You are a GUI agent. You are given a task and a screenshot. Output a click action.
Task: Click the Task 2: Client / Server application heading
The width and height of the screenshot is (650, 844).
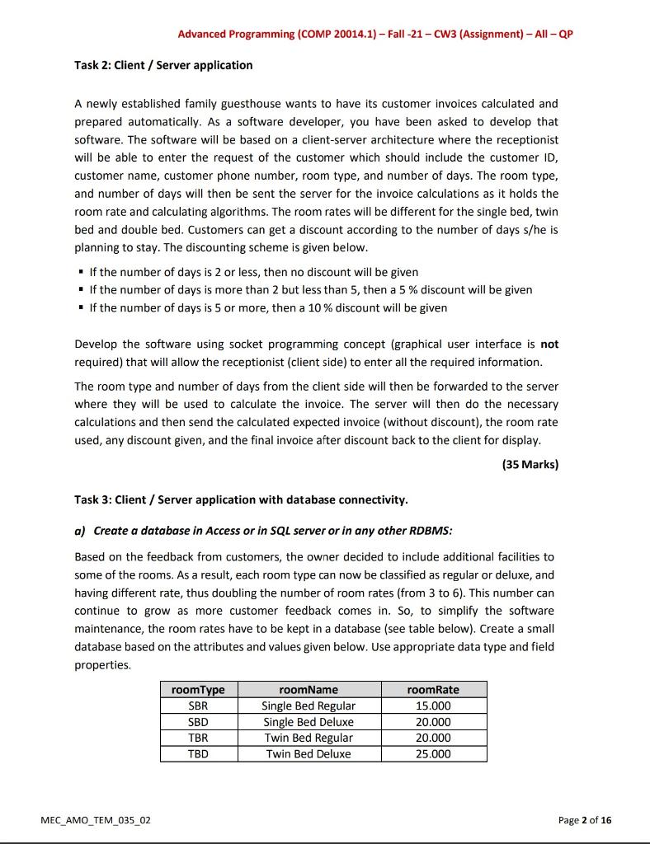pos(163,65)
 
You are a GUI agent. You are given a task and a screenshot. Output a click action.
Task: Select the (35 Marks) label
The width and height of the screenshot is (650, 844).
pos(530,464)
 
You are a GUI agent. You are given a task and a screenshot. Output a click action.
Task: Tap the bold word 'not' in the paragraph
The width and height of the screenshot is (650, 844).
pos(549,345)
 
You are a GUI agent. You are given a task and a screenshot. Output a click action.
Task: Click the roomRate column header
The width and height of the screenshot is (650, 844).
pos(434,690)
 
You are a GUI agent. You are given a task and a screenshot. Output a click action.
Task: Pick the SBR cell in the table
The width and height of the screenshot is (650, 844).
pos(198,706)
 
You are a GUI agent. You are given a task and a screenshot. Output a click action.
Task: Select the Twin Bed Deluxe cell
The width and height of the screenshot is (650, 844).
pos(309,754)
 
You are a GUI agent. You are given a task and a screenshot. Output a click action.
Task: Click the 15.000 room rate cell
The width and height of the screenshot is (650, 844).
pos(434,706)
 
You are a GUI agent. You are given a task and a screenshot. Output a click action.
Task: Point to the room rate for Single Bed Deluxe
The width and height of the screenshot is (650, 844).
pos(434,722)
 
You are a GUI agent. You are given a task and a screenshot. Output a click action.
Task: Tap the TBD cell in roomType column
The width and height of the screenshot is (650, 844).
pos(198,754)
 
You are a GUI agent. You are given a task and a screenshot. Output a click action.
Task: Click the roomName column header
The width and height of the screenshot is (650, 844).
pos(309,690)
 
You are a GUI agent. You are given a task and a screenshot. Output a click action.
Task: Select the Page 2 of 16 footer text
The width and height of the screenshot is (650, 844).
pos(585,820)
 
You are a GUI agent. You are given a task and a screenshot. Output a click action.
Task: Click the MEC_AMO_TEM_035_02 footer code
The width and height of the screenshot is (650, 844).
pos(96,820)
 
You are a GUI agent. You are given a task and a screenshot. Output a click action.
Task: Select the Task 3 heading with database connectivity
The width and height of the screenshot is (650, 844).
pos(241,499)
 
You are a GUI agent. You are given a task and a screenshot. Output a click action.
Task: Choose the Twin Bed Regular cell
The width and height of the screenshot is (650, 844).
pos(309,738)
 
